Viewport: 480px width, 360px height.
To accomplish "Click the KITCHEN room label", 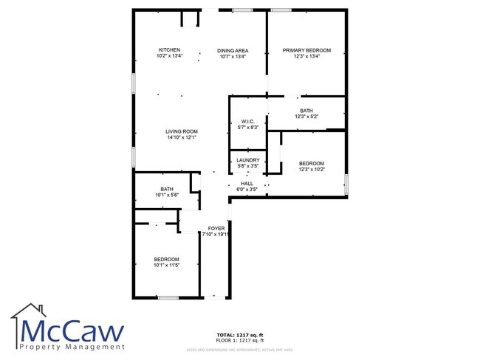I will [x=169, y=49].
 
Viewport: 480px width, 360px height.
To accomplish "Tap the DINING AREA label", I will [x=233, y=50].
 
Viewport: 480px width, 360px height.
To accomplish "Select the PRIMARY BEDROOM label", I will [x=306, y=50].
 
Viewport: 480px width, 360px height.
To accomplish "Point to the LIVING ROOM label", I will [x=181, y=131].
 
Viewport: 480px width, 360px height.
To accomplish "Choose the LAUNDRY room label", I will [x=247, y=160].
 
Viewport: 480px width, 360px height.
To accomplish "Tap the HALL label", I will [x=247, y=184].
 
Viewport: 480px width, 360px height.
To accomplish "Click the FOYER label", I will [x=216, y=229].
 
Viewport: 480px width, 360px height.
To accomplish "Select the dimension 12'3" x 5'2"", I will [x=306, y=117].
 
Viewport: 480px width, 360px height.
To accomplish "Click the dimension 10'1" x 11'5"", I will [x=166, y=265].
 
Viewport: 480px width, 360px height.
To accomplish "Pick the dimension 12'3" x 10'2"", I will [x=311, y=170].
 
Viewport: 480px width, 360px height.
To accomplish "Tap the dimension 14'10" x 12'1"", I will [x=181, y=137].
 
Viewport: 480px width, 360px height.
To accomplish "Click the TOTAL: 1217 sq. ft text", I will [x=239, y=333].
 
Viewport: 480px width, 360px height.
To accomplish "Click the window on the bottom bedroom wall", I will [x=168, y=297].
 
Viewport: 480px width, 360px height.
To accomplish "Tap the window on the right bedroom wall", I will [x=346, y=184].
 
